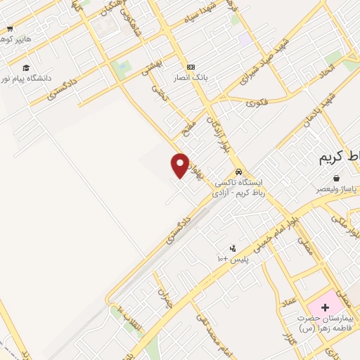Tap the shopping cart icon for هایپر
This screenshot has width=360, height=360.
coord(10,29)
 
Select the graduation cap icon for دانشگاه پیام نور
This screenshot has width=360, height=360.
coord(26,67)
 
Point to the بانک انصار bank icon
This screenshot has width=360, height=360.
coord(191,65)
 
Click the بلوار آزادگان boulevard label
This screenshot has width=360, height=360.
coord(217,134)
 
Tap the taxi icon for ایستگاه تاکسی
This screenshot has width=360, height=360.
coord(240,171)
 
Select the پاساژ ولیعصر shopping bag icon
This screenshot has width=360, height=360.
coord(337,179)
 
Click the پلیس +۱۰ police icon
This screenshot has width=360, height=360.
coord(233,248)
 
